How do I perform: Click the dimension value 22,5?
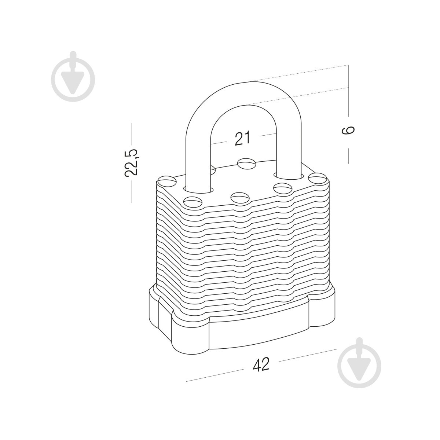coord(131,162)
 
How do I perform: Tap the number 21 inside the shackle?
coord(242,138)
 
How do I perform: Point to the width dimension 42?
coord(261,364)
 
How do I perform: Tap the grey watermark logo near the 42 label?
coord(359,366)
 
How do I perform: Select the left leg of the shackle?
coord(198,160)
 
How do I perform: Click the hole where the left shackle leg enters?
coord(198,190)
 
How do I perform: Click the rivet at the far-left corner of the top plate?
coord(167,181)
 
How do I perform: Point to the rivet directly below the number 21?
coord(247,163)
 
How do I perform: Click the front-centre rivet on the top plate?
coord(240,198)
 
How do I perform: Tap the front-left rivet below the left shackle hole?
coord(193,202)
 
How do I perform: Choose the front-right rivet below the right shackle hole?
coord(283,188)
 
